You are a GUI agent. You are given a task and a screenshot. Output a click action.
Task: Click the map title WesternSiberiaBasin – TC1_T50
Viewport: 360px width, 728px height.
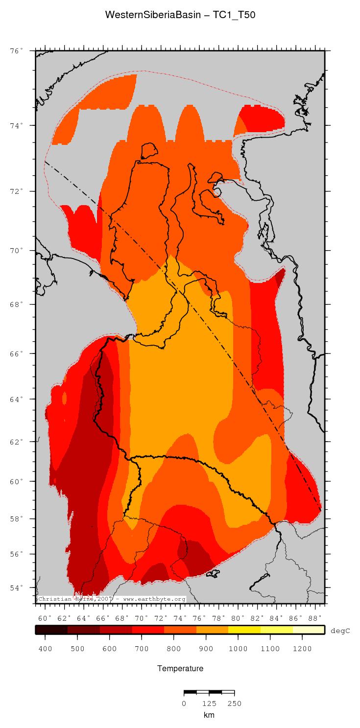coord(180,15)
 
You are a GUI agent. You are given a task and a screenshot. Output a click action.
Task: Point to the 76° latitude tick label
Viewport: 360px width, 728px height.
coord(17,50)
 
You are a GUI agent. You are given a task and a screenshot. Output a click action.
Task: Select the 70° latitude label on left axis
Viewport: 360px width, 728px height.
coord(17,250)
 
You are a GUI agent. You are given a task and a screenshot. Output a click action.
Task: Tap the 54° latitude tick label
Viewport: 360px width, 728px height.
coord(17,587)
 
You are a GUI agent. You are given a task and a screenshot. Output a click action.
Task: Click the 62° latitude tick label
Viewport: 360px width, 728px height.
coord(17,442)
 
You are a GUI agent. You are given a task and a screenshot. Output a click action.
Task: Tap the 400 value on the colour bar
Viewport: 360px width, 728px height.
coord(45,649)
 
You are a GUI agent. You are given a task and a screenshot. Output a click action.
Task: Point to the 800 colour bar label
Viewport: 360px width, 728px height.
coord(173,649)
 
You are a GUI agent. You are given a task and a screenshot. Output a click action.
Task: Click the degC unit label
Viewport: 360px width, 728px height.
coord(340,631)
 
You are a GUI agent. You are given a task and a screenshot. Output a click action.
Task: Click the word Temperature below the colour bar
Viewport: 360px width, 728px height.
coord(180,668)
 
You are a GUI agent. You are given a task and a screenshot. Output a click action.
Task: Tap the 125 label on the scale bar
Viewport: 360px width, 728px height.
coord(209,704)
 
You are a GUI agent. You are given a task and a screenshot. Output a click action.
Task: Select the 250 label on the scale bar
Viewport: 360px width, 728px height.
coord(235,704)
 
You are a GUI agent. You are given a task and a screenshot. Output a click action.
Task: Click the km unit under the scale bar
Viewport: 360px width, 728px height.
coord(209,715)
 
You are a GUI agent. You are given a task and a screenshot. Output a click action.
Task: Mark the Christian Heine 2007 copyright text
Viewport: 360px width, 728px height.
coord(112,599)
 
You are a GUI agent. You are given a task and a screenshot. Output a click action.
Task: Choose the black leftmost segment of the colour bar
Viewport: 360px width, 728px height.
coord(51,630)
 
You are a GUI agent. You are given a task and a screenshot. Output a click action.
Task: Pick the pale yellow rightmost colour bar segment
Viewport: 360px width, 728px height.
coord(309,630)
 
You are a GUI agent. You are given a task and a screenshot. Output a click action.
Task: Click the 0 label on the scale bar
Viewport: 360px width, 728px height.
coord(184,704)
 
